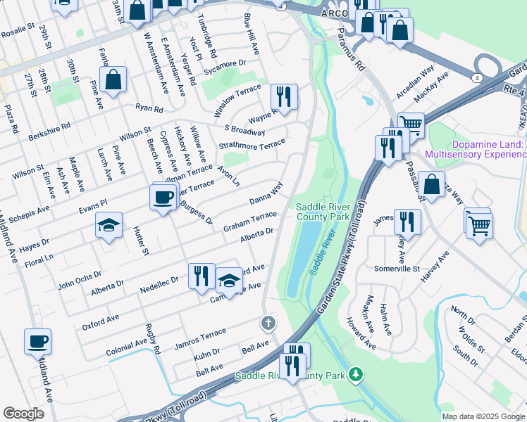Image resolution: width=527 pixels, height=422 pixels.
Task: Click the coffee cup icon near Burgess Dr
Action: [163, 197]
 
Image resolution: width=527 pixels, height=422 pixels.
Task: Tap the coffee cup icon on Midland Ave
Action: [38, 342]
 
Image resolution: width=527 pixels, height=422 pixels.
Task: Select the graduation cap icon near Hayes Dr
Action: [108, 225]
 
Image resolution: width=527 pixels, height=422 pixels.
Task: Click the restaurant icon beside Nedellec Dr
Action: [201, 276]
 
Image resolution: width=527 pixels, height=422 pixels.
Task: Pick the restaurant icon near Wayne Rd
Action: [284, 97]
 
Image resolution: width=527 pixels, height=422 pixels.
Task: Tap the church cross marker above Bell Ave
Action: [267, 324]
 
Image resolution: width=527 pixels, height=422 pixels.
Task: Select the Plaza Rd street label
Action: [11, 120]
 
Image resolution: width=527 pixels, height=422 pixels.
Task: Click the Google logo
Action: [24, 414]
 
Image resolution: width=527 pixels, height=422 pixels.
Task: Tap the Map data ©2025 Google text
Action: [483, 416]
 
